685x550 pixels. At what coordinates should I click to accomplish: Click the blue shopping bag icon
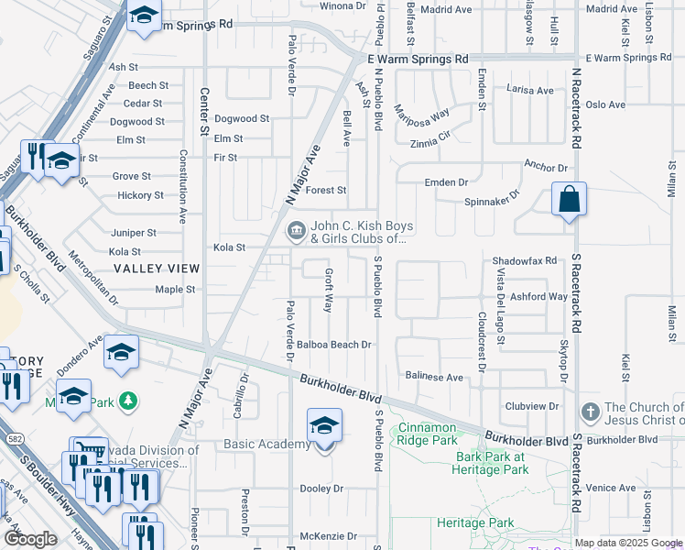point(569,200)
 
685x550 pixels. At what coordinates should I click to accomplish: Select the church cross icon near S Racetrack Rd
point(591,410)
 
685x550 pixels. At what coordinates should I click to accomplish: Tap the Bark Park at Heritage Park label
point(492,463)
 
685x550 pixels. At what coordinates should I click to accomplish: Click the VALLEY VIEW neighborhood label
point(156,268)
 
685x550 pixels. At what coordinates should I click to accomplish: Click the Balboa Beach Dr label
point(333,346)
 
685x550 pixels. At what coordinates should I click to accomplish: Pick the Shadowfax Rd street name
point(525,260)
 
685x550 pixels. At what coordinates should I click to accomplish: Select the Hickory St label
point(140,195)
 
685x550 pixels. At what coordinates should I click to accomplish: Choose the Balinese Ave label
point(434,377)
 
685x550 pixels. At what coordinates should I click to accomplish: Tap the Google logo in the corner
point(30,539)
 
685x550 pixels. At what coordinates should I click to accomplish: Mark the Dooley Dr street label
point(321,489)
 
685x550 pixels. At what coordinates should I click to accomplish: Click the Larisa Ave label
point(531,91)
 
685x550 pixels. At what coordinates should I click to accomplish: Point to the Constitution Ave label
point(183,187)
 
